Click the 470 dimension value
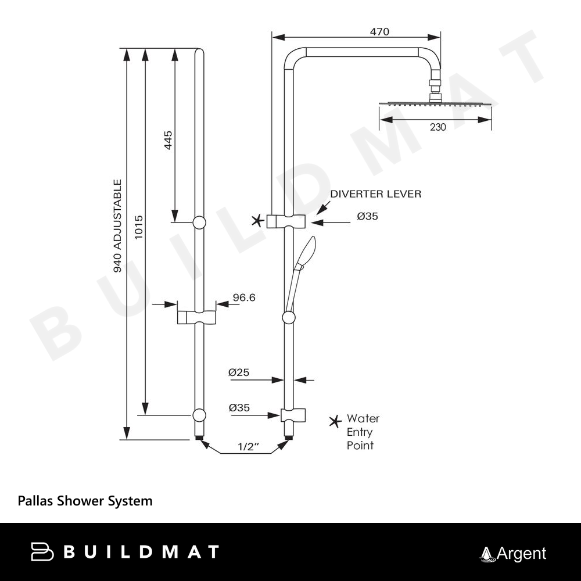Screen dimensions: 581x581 click(379, 32)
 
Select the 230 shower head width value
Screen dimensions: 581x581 click(439, 128)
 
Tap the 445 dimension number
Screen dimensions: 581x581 click(168, 141)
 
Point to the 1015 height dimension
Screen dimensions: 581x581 click(138, 228)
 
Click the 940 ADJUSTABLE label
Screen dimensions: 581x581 click(117, 227)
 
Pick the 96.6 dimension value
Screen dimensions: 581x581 click(244, 297)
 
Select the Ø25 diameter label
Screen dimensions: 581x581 click(239, 372)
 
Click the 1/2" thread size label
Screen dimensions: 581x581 click(248, 447)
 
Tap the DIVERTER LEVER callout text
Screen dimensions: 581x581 click(375, 194)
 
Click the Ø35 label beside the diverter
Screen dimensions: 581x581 click(368, 216)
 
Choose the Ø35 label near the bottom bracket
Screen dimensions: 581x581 click(239, 408)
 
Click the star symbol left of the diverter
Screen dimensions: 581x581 click(257, 220)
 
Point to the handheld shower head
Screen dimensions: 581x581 click(304, 253)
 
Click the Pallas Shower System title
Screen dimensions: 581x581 click(85, 500)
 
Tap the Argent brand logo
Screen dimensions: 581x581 click(513, 554)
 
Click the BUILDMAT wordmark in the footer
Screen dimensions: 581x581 click(125, 551)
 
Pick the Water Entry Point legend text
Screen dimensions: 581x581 click(363, 432)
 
